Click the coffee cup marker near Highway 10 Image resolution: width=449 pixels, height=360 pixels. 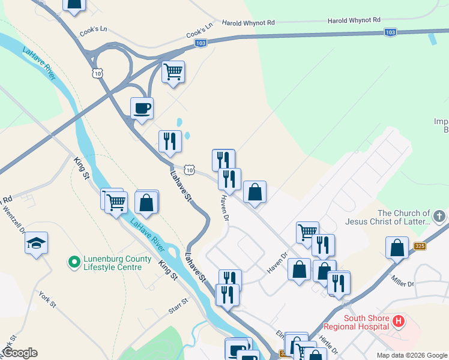[142, 109]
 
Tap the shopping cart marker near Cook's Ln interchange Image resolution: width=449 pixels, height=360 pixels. [173, 72]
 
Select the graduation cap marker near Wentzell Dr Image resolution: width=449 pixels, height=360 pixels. [36, 243]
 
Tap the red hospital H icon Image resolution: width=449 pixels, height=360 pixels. [398, 322]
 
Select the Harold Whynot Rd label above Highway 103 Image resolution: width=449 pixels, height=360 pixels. [248, 22]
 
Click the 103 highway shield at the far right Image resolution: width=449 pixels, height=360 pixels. [390, 32]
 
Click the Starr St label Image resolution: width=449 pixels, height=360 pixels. [178, 310]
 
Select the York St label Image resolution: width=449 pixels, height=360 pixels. [47, 300]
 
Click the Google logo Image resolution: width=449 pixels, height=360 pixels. [19, 353]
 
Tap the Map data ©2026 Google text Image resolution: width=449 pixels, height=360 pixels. [412, 355]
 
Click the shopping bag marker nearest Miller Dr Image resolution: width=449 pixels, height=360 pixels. [397, 247]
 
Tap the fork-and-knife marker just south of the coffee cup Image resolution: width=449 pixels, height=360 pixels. [170, 141]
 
